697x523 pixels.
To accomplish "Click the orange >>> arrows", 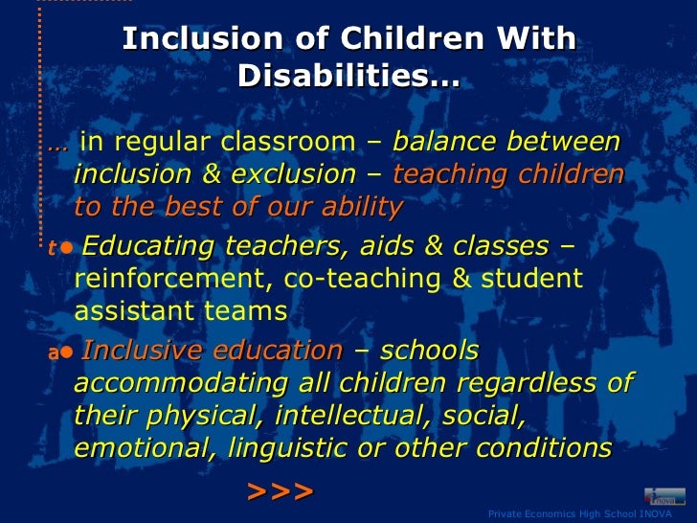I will pos(280,491).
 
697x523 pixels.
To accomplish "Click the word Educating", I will pos(147,246).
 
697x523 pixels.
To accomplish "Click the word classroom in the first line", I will pos(288,143).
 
